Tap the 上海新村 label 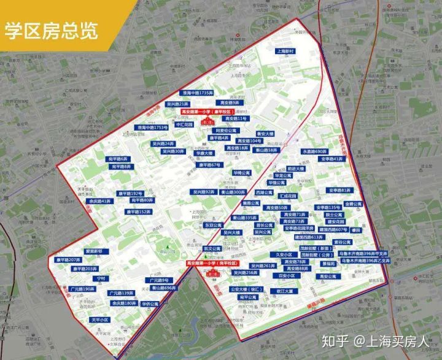287,52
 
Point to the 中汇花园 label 184,124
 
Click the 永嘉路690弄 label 314,151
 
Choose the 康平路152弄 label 138,212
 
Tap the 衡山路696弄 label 164,287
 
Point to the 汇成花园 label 288,196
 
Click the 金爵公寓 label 353,204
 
